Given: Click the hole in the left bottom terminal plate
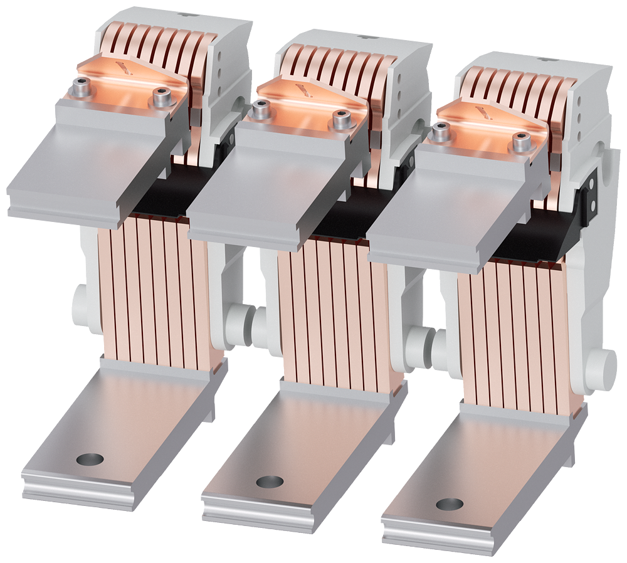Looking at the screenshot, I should tap(90, 460).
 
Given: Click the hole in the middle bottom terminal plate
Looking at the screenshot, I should tap(270, 481).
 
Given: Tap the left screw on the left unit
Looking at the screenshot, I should tap(80, 87).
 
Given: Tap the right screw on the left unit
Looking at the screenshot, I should tap(161, 99).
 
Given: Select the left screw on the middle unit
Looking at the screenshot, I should tap(261, 109).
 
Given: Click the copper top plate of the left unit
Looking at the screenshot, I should tap(125, 78).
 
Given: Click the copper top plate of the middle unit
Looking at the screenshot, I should tap(305, 100).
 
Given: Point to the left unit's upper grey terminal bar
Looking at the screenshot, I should tap(82, 169).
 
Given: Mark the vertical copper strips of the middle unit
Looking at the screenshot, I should tap(332, 313).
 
